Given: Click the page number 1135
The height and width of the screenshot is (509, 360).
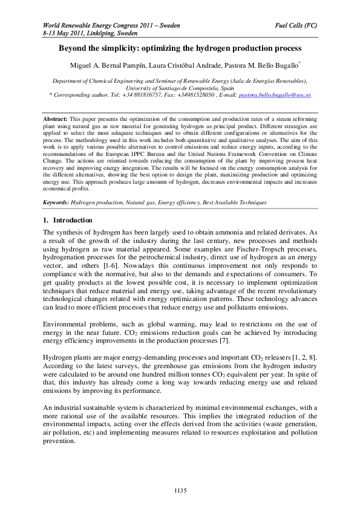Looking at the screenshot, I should tap(180, 488).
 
